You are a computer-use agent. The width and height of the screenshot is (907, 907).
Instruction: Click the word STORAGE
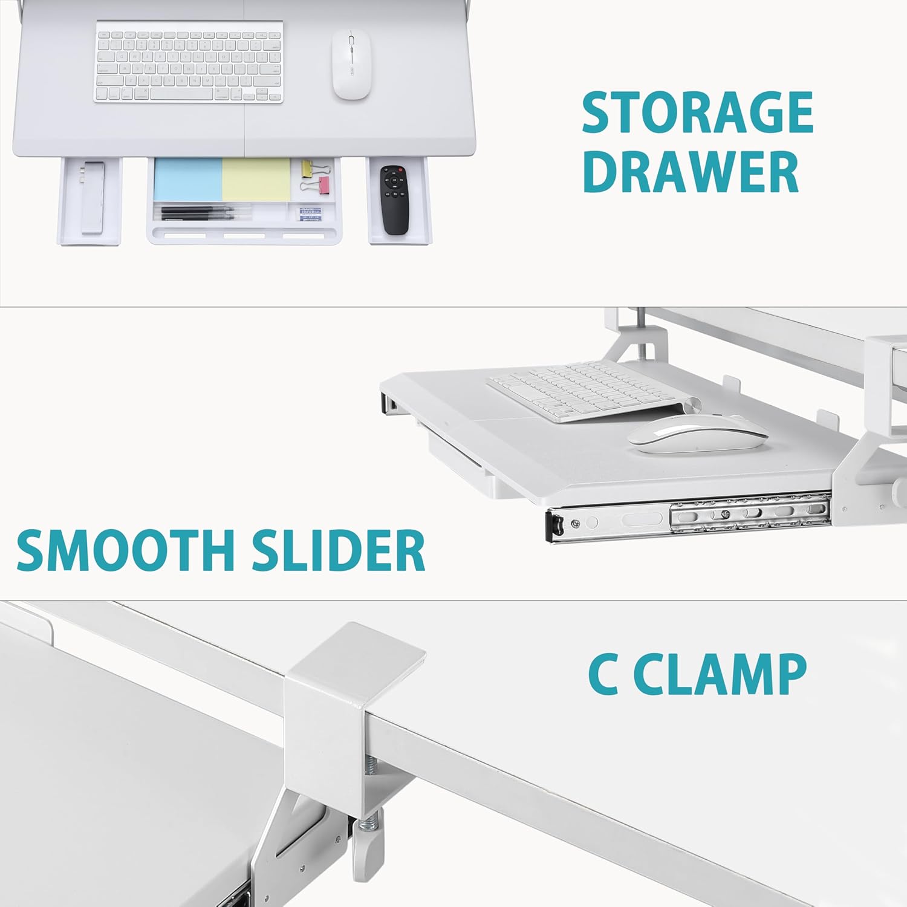pos(698,112)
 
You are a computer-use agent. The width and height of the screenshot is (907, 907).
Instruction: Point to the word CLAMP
pos(724,674)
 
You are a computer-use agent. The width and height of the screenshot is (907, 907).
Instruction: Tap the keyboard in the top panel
pos(189,62)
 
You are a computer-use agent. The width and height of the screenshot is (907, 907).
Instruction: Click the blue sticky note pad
pos(187,180)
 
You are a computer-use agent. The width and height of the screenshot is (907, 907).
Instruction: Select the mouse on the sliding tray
pos(697,434)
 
